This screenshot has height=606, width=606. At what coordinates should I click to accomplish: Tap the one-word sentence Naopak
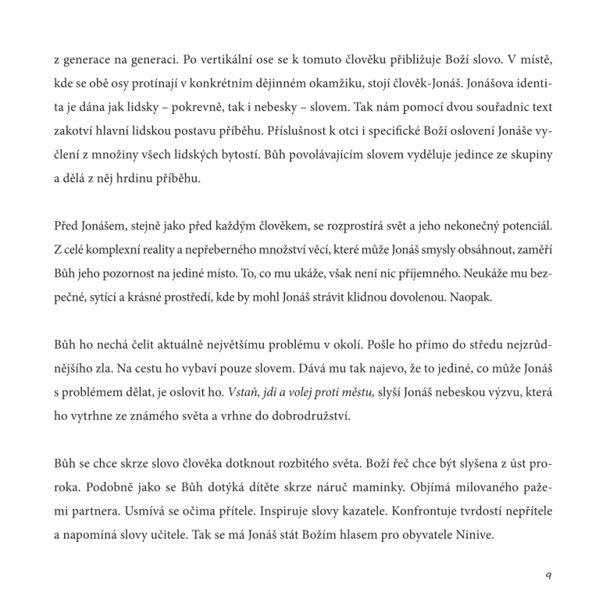(471, 298)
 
